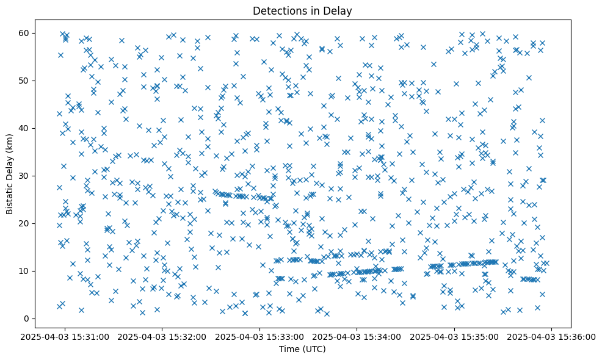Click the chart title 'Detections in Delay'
(302, 10)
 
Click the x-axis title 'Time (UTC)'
(302, 349)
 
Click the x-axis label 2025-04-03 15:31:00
(65, 336)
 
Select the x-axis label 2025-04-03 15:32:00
(162, 336)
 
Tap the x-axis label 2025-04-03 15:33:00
(260, 336)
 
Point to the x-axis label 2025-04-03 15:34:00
(357, 336)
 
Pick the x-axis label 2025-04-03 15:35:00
(455, 336)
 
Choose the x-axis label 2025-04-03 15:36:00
(552, 336)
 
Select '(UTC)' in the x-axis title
(314, 349)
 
